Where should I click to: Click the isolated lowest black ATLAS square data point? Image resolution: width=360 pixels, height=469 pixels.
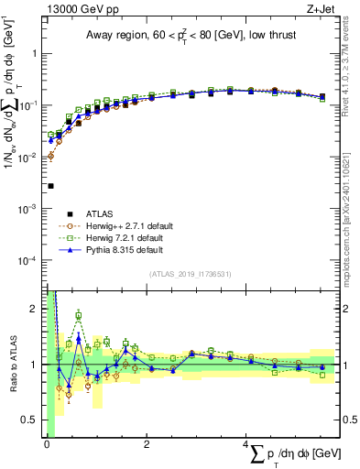click(50, 186)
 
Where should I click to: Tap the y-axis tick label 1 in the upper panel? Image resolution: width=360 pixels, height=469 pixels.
click(34, 53)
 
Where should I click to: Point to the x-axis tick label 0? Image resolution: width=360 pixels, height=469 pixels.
click(46, 445)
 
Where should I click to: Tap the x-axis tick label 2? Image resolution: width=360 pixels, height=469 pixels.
click(147, 445)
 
